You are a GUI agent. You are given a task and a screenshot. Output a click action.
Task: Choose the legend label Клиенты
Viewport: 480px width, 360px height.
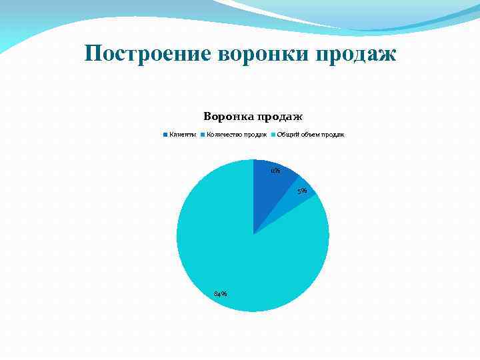coord(182,135)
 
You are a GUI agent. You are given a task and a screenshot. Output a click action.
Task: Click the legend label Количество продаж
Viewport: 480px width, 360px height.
coord(237,135)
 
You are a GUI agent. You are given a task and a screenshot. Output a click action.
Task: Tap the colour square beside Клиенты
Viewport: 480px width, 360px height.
coord(165,135)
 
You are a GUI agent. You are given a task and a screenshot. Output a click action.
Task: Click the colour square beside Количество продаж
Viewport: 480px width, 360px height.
coord(203,135)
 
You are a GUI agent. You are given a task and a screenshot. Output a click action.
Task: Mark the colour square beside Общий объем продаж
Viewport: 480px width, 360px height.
coord(273,135)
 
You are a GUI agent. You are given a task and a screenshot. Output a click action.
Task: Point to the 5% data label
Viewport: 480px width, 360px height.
coord(302,191)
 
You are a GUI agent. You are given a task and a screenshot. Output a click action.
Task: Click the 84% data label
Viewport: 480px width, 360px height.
coord(220,294)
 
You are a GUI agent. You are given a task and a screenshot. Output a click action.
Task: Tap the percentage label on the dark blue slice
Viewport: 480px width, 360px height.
coord(275,171)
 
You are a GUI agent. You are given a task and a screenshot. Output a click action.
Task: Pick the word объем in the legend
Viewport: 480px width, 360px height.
coord(313,135)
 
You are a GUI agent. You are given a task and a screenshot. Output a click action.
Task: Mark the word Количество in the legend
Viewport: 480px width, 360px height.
coord(224,135)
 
